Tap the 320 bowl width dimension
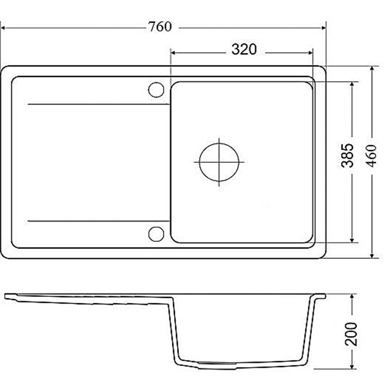[x=244, y=49]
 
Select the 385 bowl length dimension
[x=348, y=155]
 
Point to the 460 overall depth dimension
[x=372, y=156]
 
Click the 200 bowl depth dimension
[x=351, y=334]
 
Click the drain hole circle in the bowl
[x=219, y=162]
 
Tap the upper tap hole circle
[x=156, y=90]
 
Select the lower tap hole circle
[x=156, y=234]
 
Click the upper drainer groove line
[x=99, y=104]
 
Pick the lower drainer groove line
[x=99, y=221]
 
